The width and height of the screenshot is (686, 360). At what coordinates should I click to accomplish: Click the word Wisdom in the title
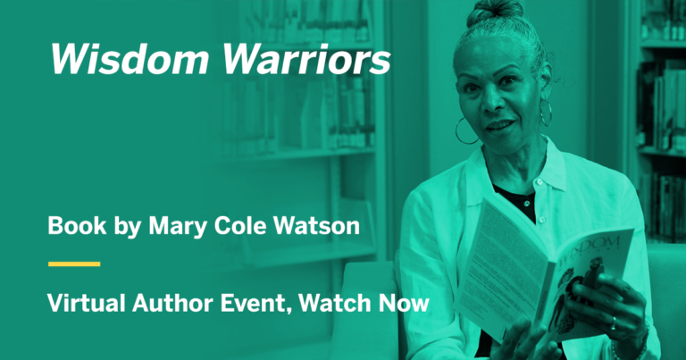point(117,59)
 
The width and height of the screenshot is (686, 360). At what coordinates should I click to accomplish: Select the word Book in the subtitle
point(71,227)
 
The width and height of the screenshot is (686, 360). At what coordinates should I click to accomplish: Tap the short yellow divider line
point(73,264)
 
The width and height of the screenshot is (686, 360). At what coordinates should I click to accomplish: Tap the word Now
point(405,304)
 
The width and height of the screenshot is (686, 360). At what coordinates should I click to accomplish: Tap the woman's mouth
point(500,125)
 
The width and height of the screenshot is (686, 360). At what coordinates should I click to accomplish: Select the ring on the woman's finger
point(613,322)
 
